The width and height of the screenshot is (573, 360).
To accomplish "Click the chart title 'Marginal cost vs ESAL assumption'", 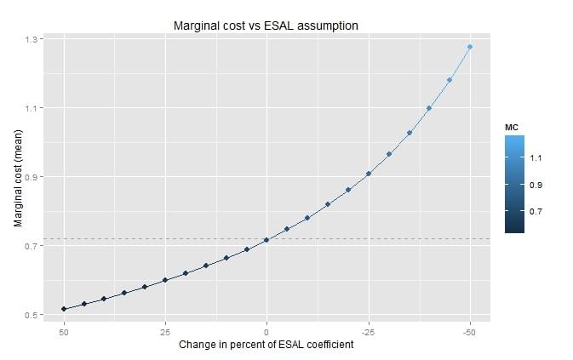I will pyautogui.click(x=266, y=26).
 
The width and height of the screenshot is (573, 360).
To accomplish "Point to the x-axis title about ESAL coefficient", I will pyautogui.click(x=266, y=345).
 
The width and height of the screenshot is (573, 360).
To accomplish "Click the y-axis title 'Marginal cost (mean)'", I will pyautogui.click(x=18, y=177).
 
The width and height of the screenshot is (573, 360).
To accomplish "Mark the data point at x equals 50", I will pyautogui.click(x=63, y=309).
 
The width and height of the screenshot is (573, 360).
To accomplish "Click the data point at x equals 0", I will pyautogui.click(x=266, y=240).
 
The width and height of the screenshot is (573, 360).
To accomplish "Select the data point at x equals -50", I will pyautogui.click(x=470, y=47).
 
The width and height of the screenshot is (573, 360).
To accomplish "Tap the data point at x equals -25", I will pyautogui.click(x=369, y=174).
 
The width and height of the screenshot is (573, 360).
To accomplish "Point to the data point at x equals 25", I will pyautogui.click(x=165, y=280).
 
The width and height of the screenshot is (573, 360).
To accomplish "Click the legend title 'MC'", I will pyautogui.click(x=512, y=127).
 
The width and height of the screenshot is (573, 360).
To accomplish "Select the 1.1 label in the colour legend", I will pyautogui.click(x=536, y=158).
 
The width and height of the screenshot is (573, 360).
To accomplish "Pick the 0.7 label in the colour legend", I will pyautogui.click(x=536, y=211).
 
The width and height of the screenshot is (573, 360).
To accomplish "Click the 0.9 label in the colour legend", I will pyautogui.click(x=536, y=185).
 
